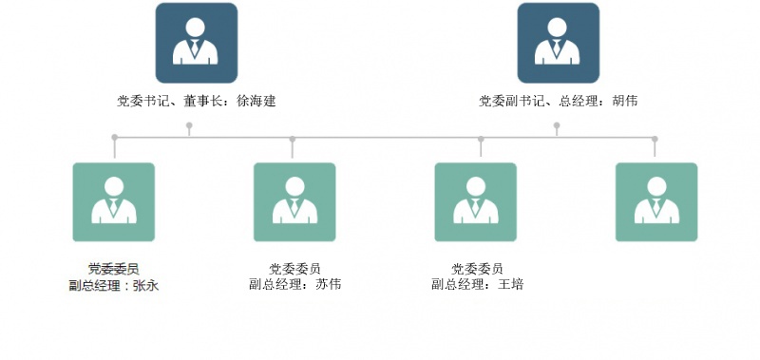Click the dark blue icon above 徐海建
tap(197, 43)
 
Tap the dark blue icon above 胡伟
tap(559, 43)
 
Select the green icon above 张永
tap(114, 202)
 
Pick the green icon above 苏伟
tap(294, 202)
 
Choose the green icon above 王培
tap(476, 202)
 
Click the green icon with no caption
tap(656, 202)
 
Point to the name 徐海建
tap(256, 101)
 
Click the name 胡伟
tap(625, 101)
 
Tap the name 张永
tap(145, 285)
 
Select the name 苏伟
tap(328, 284)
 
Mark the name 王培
tap(511, 284)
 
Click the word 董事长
tap(202, 101)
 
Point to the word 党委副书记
tap(511, 101)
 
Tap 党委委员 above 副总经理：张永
tap(114, 269)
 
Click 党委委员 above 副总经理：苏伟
tap(294, 269)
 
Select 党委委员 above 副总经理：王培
tap(478, 269)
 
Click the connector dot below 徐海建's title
tap(189, 125)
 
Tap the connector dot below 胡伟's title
tap(557, 125)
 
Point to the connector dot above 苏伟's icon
tap(293, 139)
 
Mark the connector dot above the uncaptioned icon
tap(655, 139)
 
